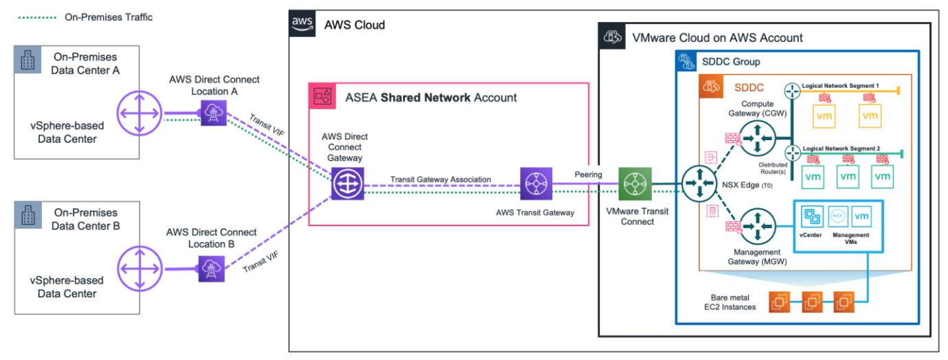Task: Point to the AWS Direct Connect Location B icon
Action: coord(208,267)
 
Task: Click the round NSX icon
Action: coord(837,216)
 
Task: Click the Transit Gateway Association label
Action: coord(440,179)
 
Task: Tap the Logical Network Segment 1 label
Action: coord(840,85)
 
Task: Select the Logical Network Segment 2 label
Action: coord(841,148)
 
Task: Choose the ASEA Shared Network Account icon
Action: coord(323,96)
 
